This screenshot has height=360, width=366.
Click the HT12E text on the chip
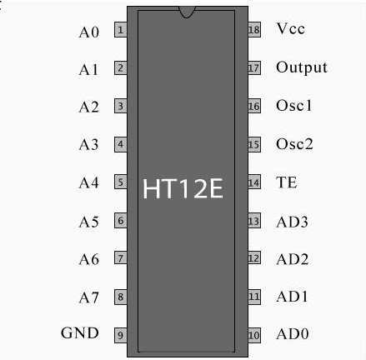coord(183,188)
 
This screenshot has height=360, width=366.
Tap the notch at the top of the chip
coord(187,12)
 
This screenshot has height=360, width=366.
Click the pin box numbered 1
coord(121,30)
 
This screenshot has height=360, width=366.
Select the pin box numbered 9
coord(121,335)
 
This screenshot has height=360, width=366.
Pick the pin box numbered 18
coord(254,30)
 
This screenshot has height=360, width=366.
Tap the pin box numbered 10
coord(254,335)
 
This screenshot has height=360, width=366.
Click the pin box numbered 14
coord(254,182)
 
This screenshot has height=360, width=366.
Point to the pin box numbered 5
coord(121,182)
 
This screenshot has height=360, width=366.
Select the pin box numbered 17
coord(254,67)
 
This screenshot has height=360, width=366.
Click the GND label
coord(80,332)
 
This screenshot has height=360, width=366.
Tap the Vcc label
coord(291,28)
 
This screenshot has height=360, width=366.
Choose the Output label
coord(302,67)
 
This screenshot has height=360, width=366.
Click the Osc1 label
coord(294,106)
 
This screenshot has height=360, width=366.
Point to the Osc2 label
coord(294,144)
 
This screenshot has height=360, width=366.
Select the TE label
coord(287,182)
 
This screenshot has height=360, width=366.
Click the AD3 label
coord(292,222)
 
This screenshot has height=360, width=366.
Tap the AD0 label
coord(293,334)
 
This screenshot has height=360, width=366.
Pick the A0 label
coord(89,32)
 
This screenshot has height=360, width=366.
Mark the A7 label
coord(89,297)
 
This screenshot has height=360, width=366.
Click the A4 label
coord(89,183)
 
